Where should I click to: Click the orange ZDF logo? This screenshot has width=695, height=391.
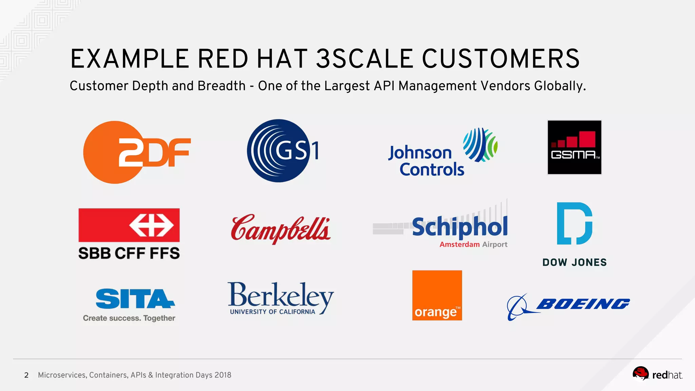(x=136, y=152)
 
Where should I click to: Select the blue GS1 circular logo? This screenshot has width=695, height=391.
(x=282, y=151)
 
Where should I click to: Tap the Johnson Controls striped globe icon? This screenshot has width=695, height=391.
(x=480, y=145)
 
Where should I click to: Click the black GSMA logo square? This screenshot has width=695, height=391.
(x=574, y=147)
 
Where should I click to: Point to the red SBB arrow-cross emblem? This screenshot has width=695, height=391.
(x=151, y=225)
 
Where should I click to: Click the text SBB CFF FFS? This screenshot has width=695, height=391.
(x=129, y=253)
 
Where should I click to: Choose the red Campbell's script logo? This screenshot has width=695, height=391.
(x=281, y=228)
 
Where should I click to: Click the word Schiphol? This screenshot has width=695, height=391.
(x=460, y=227)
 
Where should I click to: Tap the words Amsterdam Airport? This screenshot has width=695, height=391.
(x=473, y=244)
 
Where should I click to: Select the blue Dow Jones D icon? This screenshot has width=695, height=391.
(x=574, y=223)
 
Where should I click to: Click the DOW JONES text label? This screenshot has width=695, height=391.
(x=574, y=262)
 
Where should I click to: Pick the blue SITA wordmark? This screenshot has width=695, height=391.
(x=135, y=299)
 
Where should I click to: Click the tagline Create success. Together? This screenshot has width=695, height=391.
(x=129, y=318)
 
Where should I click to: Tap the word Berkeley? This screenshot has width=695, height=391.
(x=281, y=295)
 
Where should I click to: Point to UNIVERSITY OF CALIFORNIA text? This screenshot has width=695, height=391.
(x=273, y=312)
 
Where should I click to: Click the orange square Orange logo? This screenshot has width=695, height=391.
(x=437, y=295)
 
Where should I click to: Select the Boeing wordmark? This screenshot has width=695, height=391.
(x=583, y=304)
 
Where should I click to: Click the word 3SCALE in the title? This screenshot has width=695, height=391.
(x=365, y=59)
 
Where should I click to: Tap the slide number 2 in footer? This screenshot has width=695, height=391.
(x=26, y=375)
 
